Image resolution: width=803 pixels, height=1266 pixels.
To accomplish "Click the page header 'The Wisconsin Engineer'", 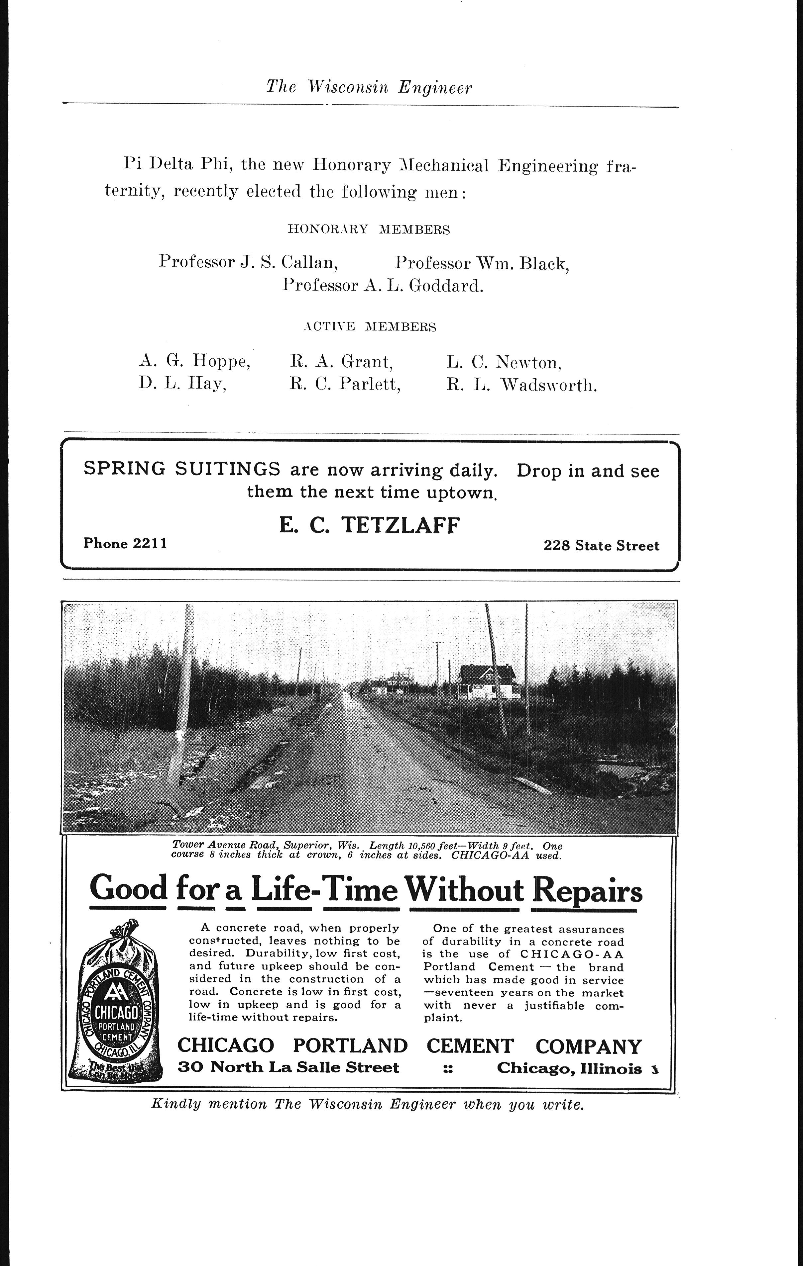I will pos(369,87).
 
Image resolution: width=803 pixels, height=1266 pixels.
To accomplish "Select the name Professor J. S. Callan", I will pos(248,261).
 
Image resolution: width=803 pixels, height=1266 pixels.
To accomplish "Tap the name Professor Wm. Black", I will pos(482,263).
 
